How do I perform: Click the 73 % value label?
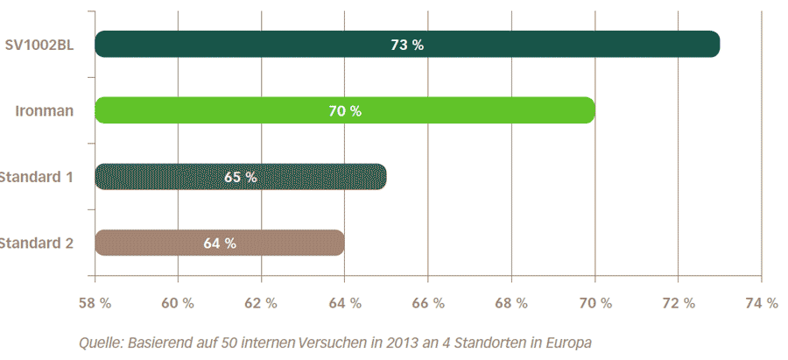point(407,45)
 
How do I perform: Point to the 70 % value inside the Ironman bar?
point(345,111)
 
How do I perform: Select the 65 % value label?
point(241,177)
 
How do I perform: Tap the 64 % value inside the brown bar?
point(220,244)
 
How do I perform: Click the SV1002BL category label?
point(39,44)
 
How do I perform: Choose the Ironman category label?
point(44,110)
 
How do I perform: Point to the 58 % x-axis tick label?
point(94,303)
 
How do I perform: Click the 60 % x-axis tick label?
point(178,303)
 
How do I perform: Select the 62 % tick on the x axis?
point(261,303)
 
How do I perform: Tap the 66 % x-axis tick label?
point(427,303)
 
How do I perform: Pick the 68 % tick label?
point(511,303)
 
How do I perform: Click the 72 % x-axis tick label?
point(678,303)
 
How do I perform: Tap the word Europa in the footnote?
point(568,342)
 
